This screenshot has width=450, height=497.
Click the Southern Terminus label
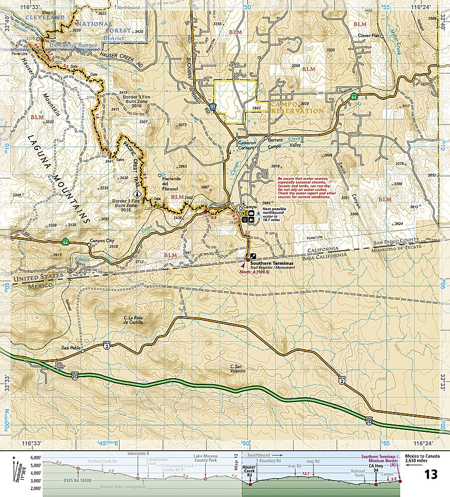[272, 263]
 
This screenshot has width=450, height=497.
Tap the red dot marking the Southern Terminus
[248, 259]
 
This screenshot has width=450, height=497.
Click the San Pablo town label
[71, 347]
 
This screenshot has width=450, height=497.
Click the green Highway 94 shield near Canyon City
[66, 242]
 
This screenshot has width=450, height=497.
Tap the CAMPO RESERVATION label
[297, 108]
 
